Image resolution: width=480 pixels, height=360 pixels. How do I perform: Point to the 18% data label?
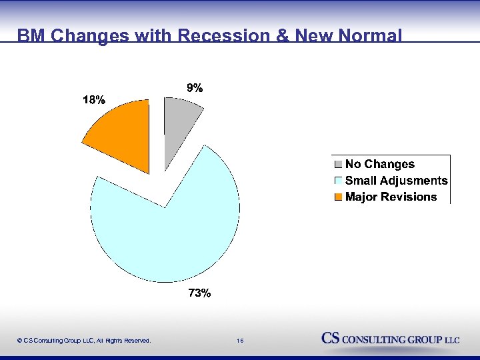(x=93, y=100)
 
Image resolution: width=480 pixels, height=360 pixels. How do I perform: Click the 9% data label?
(x=195, y=87)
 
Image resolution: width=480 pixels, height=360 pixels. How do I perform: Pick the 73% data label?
(x=199, y=293)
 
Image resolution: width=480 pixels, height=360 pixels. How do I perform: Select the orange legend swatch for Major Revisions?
(x=338, y=197)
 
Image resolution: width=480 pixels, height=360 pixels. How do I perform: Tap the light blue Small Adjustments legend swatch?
(x=338, y=181)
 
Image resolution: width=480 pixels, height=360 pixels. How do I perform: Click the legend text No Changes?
(x=379, y=164)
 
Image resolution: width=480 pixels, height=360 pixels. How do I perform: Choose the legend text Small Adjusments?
(x=396, y=181)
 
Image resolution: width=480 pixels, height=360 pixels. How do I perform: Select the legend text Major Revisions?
(x=391, y=197)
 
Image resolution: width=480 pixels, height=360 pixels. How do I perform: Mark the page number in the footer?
(x=240, y=341)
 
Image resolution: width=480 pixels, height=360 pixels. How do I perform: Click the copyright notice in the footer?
(x=84, y=341)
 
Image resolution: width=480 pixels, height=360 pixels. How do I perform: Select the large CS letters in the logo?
(x=331, y=338)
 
